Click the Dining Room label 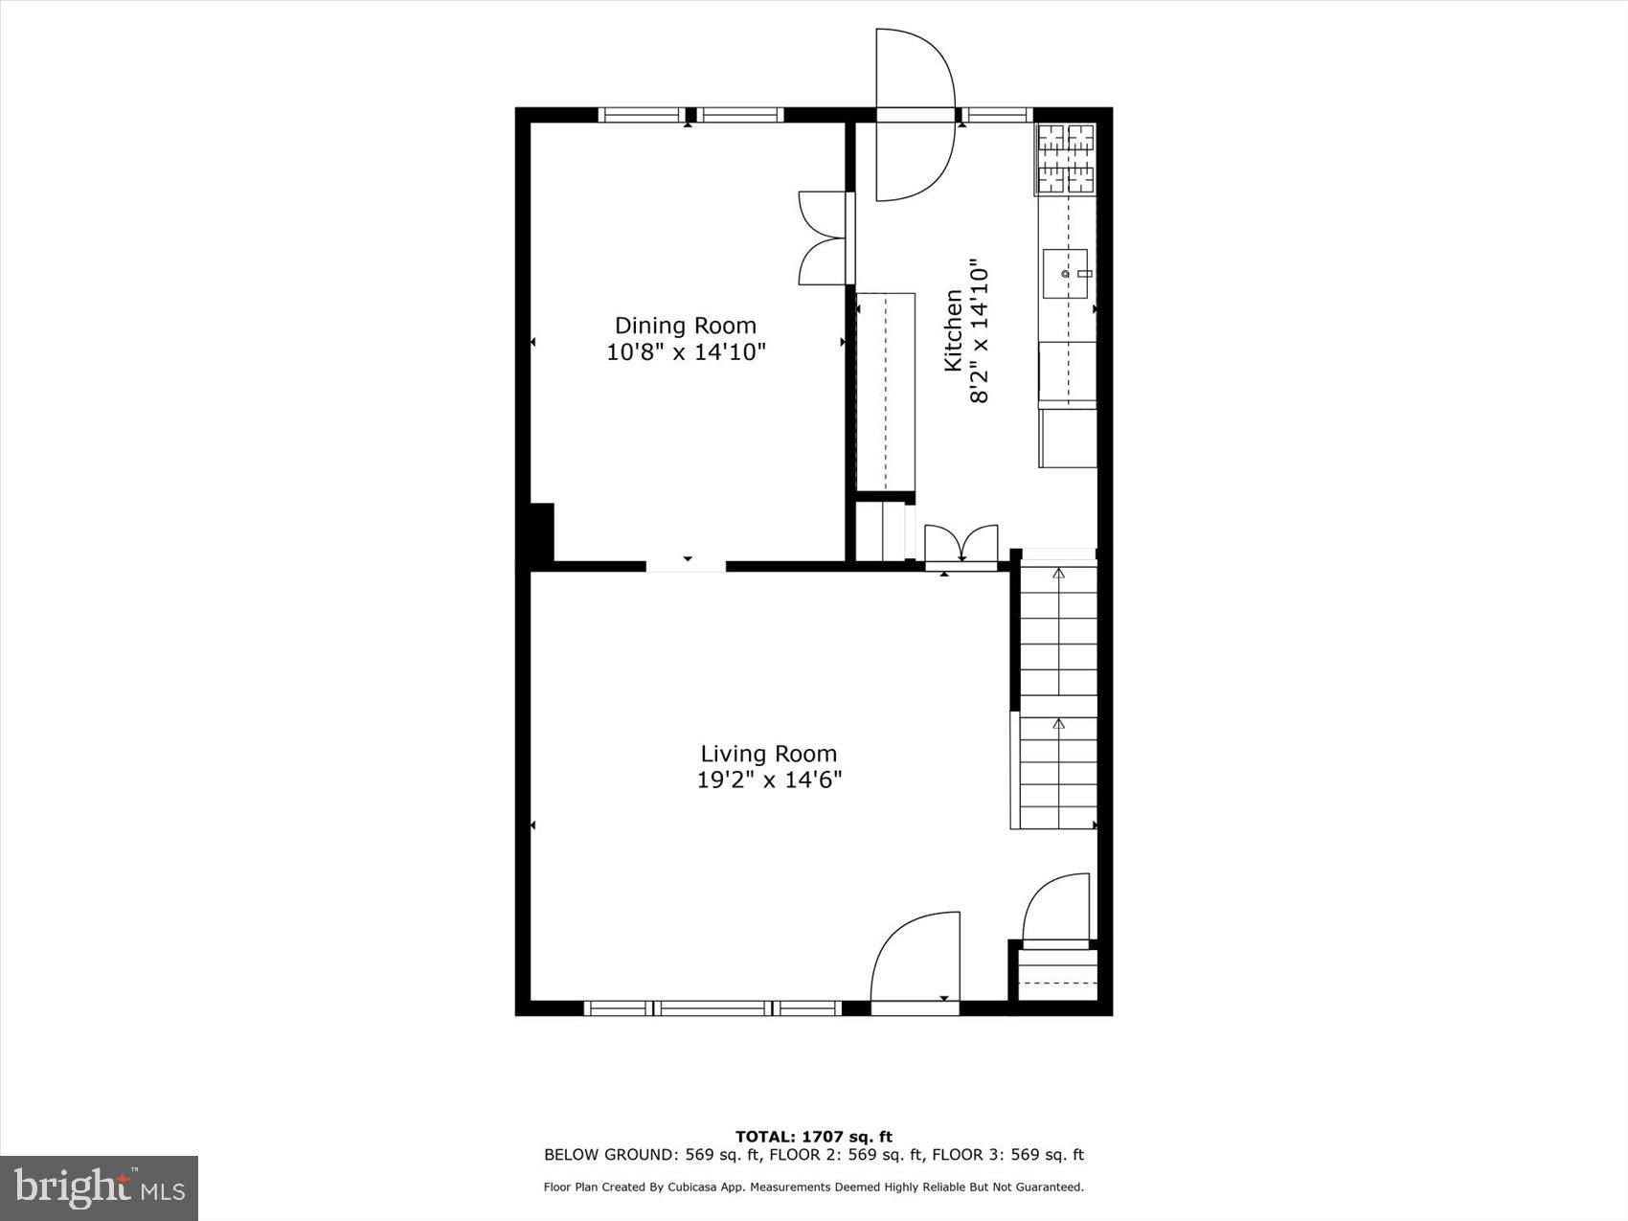(x=685, y=326)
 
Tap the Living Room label (x=768, y=754)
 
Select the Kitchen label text (x=954, y=330)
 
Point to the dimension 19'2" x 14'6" (x=768, y=780)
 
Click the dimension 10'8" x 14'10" (x=686, y=352)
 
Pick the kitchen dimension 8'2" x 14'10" (x=980, y=330)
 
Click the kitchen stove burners (x=1066, y=159)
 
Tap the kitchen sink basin (x=1065, y=272)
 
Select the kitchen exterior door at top (x=916, y=116)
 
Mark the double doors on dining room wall (x=824, y=237)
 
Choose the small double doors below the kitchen (x=961, y=546)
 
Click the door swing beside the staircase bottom (x=1056, y=908)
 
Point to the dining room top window (x=690, y=115)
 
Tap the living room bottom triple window (x=712, y=1007)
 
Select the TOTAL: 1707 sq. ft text (x=813, y=1137)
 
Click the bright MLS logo (x=99, y=1187)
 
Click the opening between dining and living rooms (x=686, y=566)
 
